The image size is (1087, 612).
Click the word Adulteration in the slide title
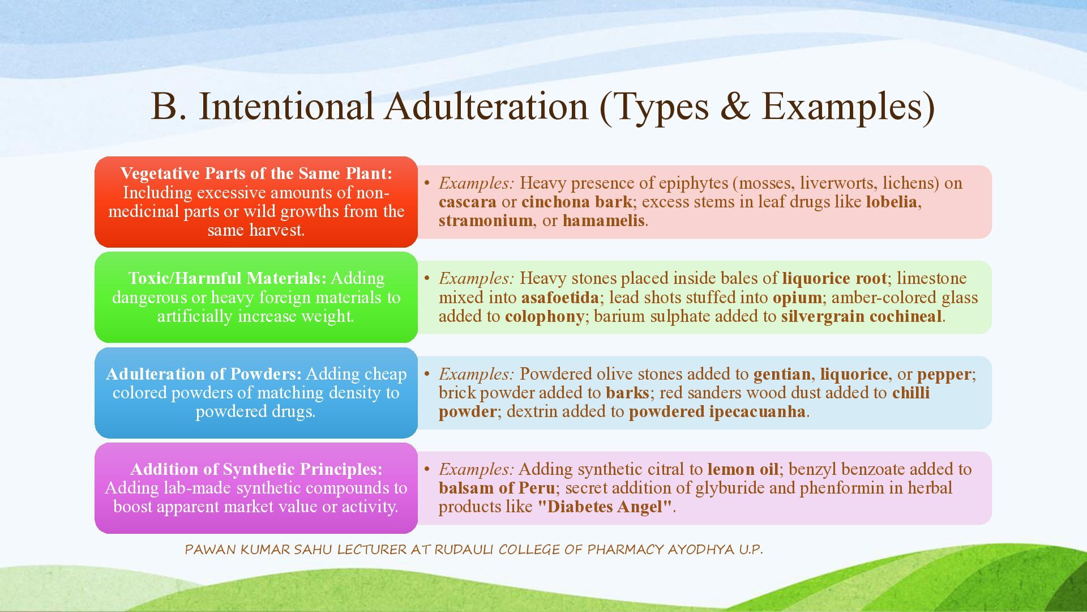point(486,106)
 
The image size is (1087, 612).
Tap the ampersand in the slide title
point(735,106)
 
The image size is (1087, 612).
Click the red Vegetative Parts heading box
point(256,202)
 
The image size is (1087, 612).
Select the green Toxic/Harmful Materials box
point(256,297)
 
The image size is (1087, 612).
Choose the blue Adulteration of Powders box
point(256,393)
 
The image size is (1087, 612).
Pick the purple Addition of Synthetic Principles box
point(256,488)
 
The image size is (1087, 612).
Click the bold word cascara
point(467,202)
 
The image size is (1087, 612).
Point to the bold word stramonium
point(486,220)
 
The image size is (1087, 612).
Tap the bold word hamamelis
point(604,220)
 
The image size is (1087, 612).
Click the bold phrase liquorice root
point(834,278)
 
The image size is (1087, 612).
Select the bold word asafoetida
point(560,297)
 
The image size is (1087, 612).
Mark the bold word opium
point(797,298)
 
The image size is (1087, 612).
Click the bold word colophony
point(545,317)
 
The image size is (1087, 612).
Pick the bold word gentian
point(782,375)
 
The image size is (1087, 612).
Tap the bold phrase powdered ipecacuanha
point(717,411)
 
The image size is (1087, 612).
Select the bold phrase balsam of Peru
point(497,488)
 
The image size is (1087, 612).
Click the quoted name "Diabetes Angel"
point(605,507)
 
